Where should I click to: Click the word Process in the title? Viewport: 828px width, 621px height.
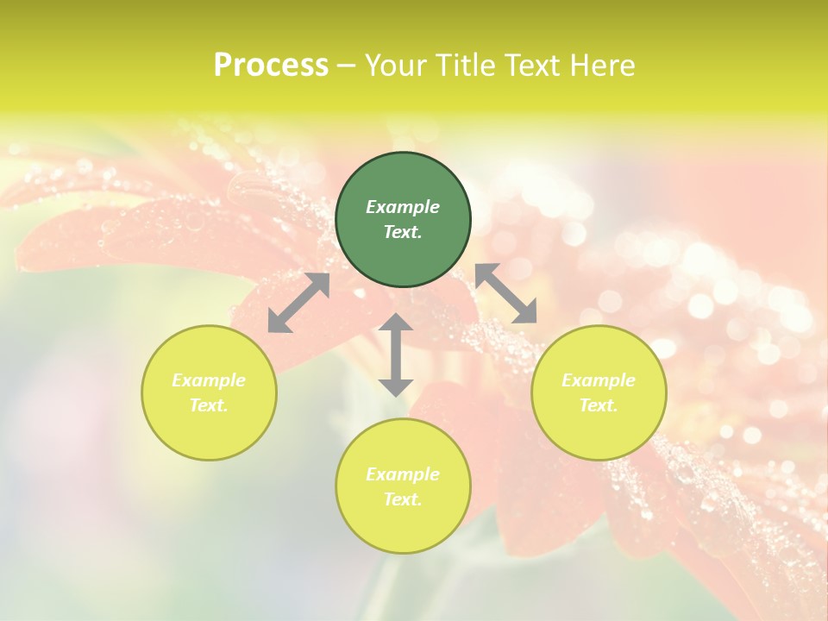(x=271, y=66)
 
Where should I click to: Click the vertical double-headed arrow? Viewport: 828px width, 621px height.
(x=396, y=354)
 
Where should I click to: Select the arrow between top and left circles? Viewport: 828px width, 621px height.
(x=298, y=303)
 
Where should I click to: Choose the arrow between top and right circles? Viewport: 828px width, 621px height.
(x=506, y=293)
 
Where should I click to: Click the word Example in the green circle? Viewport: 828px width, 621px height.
(x=403, y=207)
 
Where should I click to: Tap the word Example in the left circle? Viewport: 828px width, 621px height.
(x=209, y=380)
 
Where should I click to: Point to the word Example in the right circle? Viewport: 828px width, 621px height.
(x=599, y=380)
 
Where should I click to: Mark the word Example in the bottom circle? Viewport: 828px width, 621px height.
(x=403, y=474)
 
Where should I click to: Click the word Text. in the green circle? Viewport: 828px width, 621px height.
(x=403, y=232)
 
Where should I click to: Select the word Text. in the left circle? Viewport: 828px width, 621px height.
(x=209, y=405)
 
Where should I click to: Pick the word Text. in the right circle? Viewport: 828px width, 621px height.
(x=599, y=405)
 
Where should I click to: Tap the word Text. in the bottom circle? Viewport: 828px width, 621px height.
(x=403, y=499)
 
